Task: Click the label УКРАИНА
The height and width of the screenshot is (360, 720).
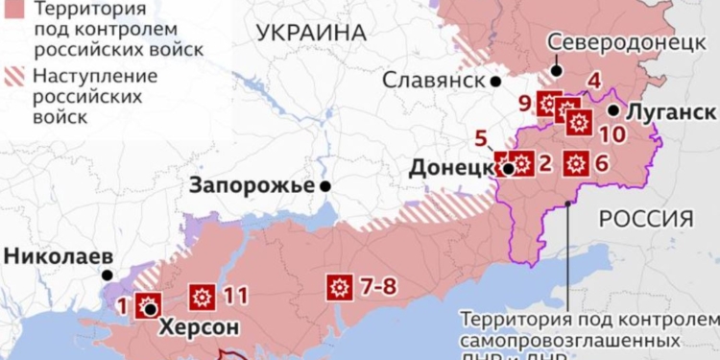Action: tap(311, 33)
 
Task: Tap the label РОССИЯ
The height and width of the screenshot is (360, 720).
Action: tap(646, 220)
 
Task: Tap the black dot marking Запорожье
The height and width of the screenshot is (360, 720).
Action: tap(326, 185)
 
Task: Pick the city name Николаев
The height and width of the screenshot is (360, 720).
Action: tap(59, 256)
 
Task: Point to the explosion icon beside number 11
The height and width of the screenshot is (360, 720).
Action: tap(202, 297)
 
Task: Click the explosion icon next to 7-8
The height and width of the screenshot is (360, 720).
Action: tap(339, 287)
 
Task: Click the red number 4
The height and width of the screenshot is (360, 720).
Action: tap(595, 81)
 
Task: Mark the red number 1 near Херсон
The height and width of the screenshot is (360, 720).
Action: tap(122, 306)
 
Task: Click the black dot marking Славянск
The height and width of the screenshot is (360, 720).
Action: tap(494, 82)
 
